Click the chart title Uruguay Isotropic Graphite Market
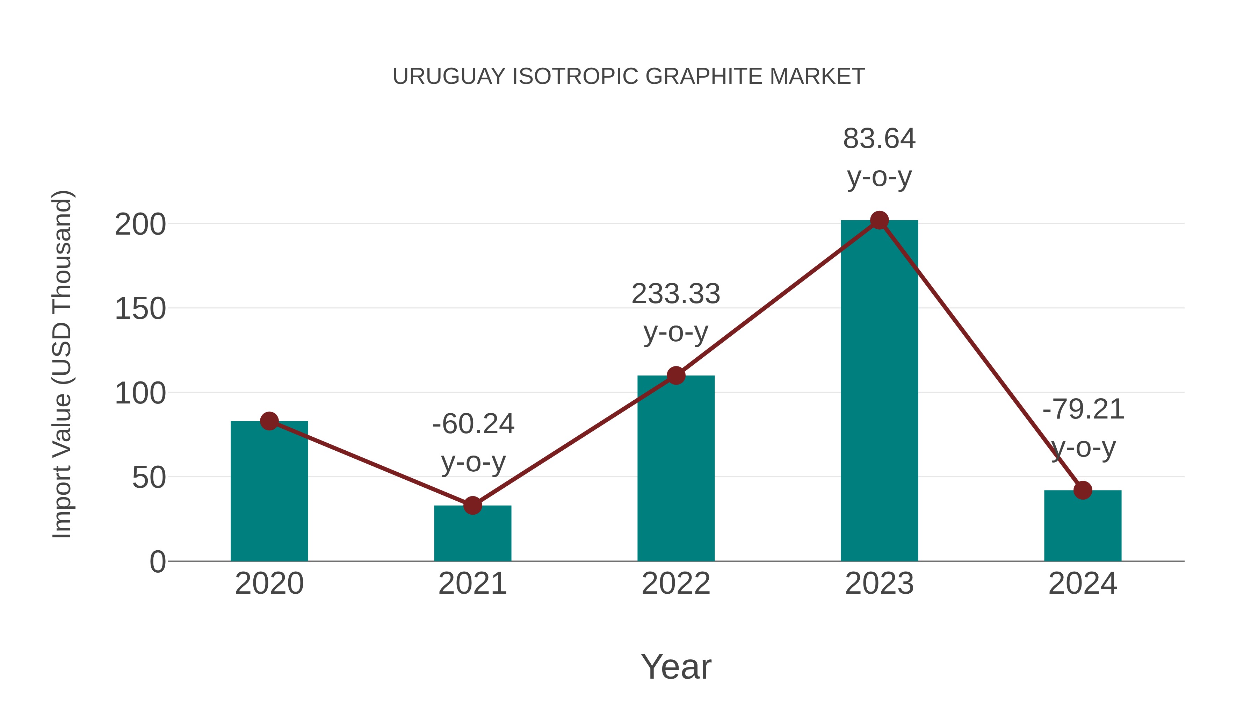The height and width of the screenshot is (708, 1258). (629, 77)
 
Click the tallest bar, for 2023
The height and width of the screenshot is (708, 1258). (879, 391)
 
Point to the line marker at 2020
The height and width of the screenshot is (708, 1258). (269, 421)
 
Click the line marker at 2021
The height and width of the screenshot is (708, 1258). (472, 505)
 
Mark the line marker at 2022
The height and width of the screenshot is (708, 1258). (676, 375)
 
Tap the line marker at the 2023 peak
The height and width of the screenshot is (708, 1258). (879, 220)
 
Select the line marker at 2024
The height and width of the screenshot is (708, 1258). (1083, 490)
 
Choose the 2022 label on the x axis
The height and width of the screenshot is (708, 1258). (676, 584)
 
